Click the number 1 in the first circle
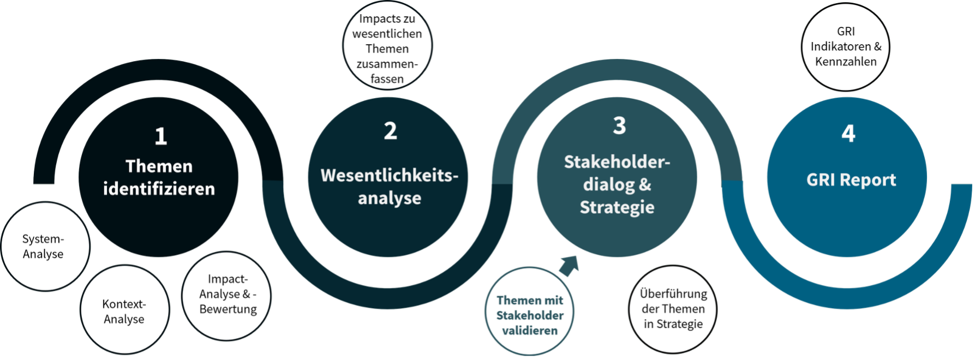click(160, 136)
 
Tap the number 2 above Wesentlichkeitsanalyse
click(390, 131)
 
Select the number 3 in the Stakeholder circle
click(619, 126)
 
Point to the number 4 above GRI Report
click(848, 134)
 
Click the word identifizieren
click(159, 189)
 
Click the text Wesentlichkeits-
click(389, 176)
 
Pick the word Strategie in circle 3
click(617, 207)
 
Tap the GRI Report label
click(851, 180)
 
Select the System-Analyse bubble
click(44, 247)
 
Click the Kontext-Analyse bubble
click(124, 311)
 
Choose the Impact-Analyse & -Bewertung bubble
click(228, 294)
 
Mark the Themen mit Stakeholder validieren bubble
click(530, 315)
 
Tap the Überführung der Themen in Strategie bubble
click(673, 309)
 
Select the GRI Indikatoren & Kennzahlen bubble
click(846, 46)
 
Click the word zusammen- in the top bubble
click(387, 64)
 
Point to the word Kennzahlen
click(846, 62)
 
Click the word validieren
click(530, 331)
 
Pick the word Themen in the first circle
click(159, 166)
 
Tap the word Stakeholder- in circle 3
click(617, 162)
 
